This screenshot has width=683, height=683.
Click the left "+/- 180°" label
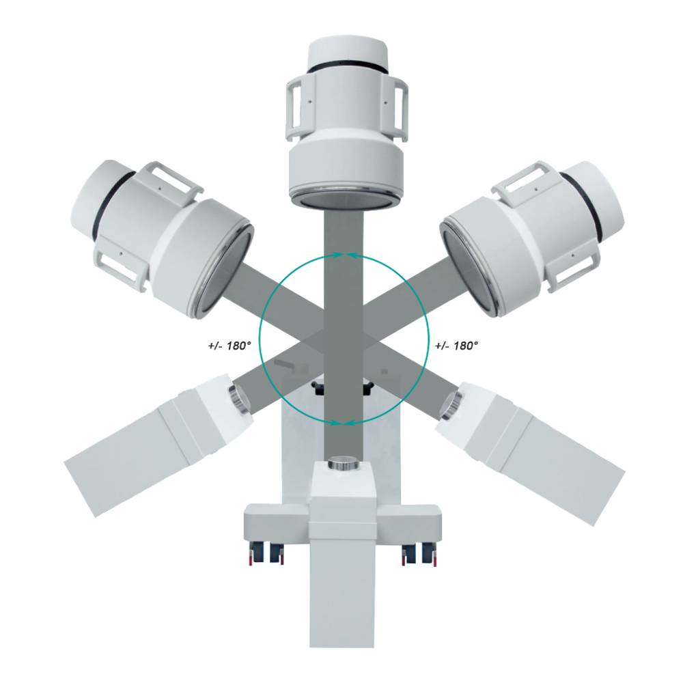click(x=229, y=346)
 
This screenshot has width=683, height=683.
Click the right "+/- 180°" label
click(x=456, y=346)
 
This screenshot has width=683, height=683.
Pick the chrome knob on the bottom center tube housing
click(x=344, y=462)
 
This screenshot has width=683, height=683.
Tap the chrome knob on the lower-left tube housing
click(x=238, y=398)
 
